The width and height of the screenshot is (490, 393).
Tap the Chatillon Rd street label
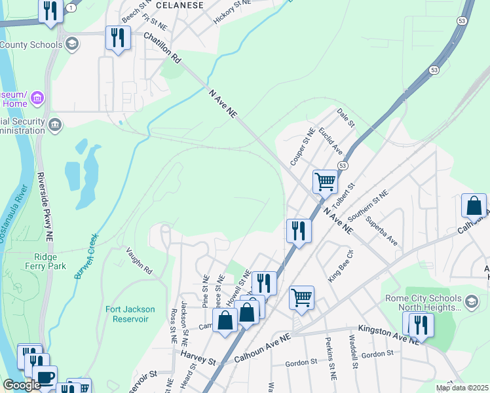coord(162,49)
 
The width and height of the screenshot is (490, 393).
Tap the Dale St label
coord(345,119)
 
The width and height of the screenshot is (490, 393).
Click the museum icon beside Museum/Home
coord(37,98)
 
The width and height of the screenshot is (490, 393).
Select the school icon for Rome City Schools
coord(472,301)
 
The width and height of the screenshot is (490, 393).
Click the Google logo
coord(22,385)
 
